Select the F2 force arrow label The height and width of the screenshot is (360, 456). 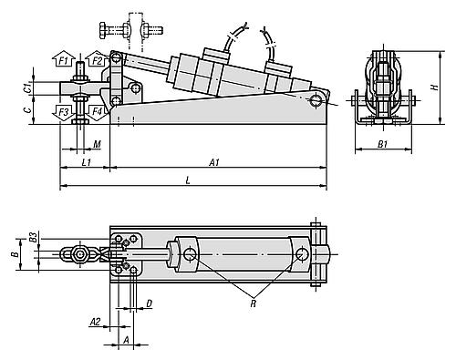click(98, 61)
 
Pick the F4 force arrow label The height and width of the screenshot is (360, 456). click(98, 111)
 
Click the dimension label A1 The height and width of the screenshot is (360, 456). click(213, 162)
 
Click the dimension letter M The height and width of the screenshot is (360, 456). click(97, 143)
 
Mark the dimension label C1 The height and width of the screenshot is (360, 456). click(29, 87)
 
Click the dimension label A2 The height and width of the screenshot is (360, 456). click(96, 322)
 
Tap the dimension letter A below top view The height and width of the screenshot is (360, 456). click(126, 341)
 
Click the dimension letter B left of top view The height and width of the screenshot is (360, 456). click(14, 255)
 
